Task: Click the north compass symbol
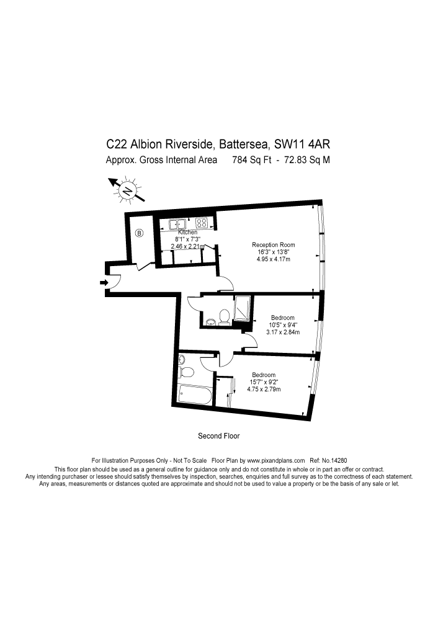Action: (x=127, y=191)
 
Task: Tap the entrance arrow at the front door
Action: (x=103, y=283)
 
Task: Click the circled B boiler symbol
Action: (x=139, y=233)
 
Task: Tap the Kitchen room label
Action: (x=187, y=232)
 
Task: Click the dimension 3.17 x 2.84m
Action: (x=282, y=332)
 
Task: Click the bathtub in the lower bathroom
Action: (x=195, y=394)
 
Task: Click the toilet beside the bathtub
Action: (x=186, y=370)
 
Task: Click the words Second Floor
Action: (x=218, y=436)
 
